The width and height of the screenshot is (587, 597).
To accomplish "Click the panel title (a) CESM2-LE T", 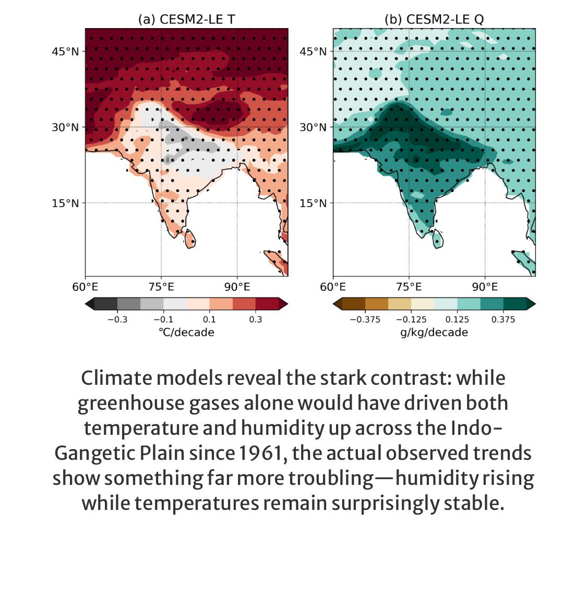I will [x=186, y=20].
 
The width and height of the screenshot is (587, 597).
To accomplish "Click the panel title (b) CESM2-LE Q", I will [x=434, y=20].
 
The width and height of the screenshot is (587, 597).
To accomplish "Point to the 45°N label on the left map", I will [x=65, y=52].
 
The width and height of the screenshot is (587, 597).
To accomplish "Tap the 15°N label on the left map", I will [x=65, y=203].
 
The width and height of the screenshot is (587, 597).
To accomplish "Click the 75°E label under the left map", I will [x=161, y=287].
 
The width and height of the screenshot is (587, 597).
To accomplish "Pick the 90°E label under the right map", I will [x=485, y=287].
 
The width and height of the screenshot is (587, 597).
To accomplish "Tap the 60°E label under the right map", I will [x=333, y=287].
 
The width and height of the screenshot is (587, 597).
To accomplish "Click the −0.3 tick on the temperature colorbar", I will [x=117, y=320].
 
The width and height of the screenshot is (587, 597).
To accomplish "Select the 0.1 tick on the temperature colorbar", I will [x=209, y=320].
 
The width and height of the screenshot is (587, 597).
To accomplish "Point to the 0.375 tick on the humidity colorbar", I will [x=503, y=320].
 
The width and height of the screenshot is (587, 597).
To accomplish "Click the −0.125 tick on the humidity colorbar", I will [x=411, y=320].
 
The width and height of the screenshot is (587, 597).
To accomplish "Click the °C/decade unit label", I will [x=186, y=333].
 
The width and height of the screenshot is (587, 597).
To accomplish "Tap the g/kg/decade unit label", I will [x=434, y=333].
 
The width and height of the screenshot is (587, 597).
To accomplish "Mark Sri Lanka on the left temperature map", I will [x=190, y=240].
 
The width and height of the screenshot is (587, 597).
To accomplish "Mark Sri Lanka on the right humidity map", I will [x=438, y=240].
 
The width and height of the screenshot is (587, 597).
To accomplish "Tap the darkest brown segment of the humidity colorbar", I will [x=353, y=304].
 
